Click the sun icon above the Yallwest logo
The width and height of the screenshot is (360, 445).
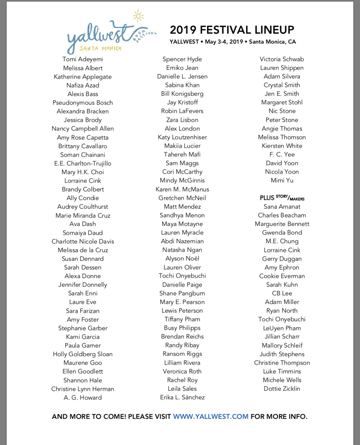pyautogui.click(x=138, y=16)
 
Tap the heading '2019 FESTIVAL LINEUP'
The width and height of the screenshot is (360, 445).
pyautogui.click(x=232, y=30)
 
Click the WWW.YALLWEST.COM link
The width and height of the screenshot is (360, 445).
pyautogui.click(x=211, y=417)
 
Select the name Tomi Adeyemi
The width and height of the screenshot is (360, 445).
pyautogui.click(x=83, y=59)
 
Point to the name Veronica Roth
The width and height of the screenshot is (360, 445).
pyautogui.click(x=182, y=371)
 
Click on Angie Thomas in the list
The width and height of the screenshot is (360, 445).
pyautogui.click(x=282, y=129)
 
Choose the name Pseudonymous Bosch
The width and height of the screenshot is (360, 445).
pyautogui.click(x=83, y=103)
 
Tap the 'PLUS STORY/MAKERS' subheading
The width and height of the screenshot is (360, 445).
pyautogui.click(x=282, y=198)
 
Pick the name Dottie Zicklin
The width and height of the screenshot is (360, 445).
pyautogui.click(x=282, y=389)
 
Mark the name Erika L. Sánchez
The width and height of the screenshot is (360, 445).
pyautogui.click(x=182, y=397)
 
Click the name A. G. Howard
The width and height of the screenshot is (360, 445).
pyautogui.click(x=83, y=398)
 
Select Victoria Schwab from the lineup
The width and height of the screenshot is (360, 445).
pyautogui.click(x=282, y=59)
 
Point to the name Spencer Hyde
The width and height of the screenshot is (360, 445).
pyautogui.click(x=182, y=59)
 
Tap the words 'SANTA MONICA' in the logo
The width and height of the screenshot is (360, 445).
pyautogui.click(x=100, y=49)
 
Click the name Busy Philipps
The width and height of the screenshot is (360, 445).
pyautogui.click(x=182, y=328)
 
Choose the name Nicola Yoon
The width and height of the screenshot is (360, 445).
pyautogui.click(x=282, y=172)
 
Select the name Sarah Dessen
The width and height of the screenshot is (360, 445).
pyautogui.click(x=83, y=267)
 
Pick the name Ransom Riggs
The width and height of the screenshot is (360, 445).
pyautogui.click(x=182, y=354)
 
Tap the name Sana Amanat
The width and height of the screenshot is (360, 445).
pyautogui.click(x=282, y=207)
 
